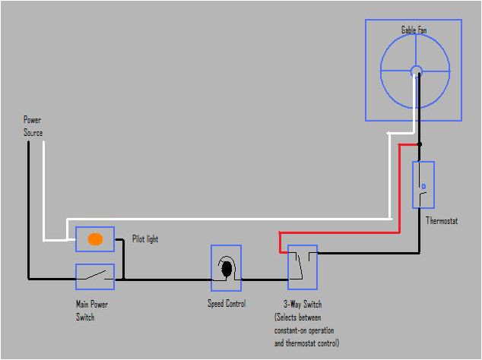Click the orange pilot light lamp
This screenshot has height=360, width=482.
point(95,238)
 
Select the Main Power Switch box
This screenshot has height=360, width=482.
point(95,276)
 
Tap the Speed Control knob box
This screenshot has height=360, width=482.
point(226,268)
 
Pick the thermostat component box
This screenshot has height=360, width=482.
point(423,185)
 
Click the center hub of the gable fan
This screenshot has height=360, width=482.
point(416,71)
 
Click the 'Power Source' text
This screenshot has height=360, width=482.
point(33,126)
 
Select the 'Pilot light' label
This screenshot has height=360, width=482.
point(145,239)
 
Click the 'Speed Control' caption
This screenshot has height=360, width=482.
point(227,304)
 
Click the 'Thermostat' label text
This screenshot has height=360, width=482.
point(442,222)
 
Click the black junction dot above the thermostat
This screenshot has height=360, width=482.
point(419,143)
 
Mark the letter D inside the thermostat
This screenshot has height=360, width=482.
point(423,185)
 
